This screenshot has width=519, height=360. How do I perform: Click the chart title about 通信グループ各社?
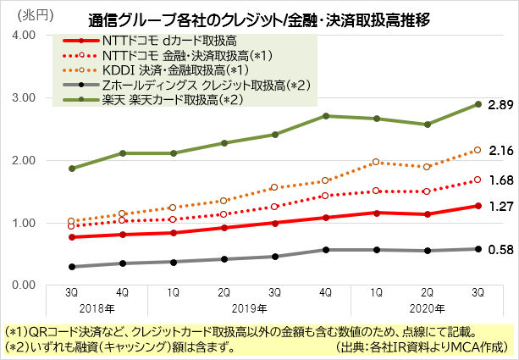259,18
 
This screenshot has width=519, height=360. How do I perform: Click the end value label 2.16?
501,150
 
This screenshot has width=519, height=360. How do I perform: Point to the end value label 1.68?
501,180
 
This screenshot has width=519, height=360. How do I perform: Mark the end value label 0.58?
501,249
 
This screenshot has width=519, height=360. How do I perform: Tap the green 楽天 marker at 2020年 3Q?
478,104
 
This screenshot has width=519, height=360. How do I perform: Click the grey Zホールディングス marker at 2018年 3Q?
72,267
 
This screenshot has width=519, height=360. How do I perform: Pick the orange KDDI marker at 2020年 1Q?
377,162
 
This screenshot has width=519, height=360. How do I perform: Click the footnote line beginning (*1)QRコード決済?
254,332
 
